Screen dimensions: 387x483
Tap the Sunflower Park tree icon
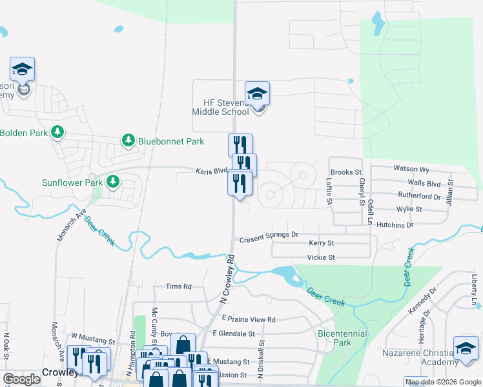(114, 182)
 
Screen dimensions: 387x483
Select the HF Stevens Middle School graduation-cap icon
(257, 95)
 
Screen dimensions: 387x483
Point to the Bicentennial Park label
(342, 338)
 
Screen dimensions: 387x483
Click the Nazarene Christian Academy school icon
(466, 349)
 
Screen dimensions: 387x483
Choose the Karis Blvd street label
(212, 171)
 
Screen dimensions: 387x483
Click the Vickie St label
(322, 257)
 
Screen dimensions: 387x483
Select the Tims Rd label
(179, 286)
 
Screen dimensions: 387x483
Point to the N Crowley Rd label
(226, 279)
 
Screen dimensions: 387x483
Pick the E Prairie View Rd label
(249, 319)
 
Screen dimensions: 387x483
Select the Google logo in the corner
(21, 379)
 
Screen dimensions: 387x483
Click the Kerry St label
(321, 243)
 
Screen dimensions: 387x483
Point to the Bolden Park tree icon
(58, 132)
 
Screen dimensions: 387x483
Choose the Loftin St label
(329, 192)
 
